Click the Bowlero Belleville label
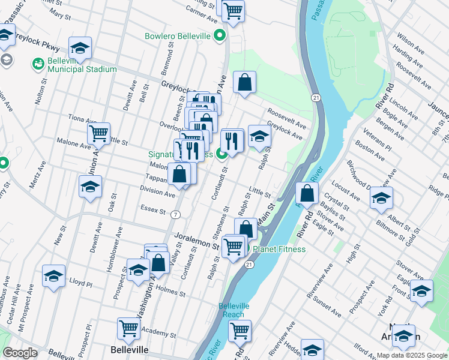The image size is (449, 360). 178,36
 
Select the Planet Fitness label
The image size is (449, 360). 279,249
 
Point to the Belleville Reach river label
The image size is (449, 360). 231,310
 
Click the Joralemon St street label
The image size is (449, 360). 195,242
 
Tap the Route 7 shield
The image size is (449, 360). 175,214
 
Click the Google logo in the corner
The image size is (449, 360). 20,353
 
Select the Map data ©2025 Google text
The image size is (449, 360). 412,355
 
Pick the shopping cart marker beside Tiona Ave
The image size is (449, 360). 98,133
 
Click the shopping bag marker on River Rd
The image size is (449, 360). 307,193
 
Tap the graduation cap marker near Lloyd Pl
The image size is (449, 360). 53,275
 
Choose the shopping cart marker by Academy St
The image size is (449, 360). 128,328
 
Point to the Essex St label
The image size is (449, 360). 153,210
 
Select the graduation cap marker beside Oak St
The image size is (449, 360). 89,187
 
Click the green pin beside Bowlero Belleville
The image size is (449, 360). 220,36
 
